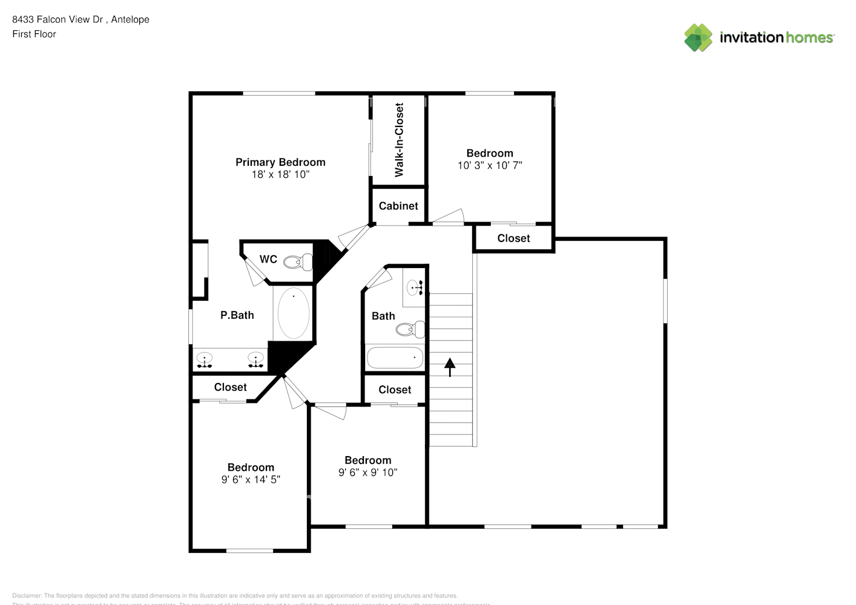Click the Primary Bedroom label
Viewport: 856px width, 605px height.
[x=280, y=162]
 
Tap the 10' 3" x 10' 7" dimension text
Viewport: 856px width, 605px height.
[x=490, y=165]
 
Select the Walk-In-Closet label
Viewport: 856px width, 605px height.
[x=399, y=140]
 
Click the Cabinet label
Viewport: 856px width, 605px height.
[x=398, y=206]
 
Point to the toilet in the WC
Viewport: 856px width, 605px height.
[x=297, y=262]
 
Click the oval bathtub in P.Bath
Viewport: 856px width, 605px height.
[x=294, y=313]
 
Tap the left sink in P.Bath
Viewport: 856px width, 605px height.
[x=205, y=360]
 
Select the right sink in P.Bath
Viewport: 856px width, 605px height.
[x=255, y=360]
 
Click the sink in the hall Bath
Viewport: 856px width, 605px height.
[x=415, y=287]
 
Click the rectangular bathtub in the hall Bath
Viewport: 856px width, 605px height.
[x=395, y=358]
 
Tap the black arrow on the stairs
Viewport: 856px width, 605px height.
[x=450, y=367]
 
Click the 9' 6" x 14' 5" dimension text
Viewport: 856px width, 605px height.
[x=251, y=480]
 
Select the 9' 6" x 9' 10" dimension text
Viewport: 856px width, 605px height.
[x=367, y=473]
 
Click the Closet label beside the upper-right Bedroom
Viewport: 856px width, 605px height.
[x=513, y=238]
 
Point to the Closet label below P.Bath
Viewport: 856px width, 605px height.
[x=230, y=387]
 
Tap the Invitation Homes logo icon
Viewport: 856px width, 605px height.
[x=698, y=38]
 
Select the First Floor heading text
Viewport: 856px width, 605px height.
[x=34, y=34]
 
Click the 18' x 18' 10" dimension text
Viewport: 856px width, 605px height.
[x=280, y=174]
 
